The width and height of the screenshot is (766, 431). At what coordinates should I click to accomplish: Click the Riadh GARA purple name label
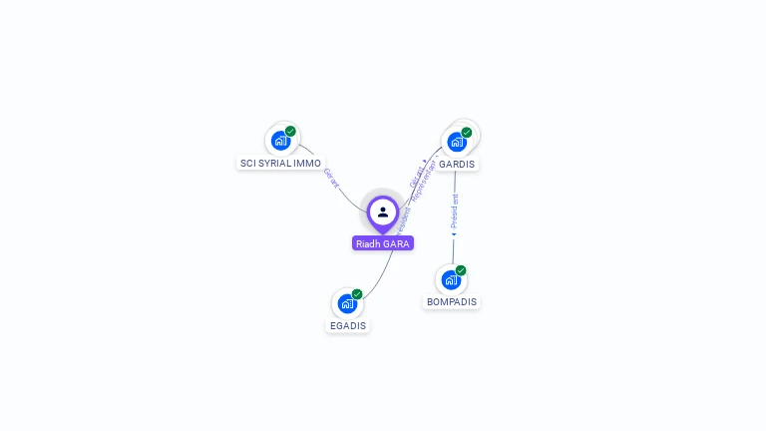382,243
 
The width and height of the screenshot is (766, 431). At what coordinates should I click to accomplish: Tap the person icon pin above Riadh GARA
383,212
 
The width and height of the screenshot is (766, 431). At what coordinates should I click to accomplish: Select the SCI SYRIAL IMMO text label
280,163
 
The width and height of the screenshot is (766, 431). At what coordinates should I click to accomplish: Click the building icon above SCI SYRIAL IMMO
280,141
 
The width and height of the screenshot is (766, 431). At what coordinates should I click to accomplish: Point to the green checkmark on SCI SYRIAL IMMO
290,131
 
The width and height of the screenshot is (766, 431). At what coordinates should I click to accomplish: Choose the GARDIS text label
457,164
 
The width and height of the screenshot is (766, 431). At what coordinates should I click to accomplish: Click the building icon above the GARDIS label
456,142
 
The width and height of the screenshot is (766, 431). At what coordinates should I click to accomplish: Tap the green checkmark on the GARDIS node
466,132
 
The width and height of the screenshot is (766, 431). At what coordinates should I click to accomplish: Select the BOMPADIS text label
452,301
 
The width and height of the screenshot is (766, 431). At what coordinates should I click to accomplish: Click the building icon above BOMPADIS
451,279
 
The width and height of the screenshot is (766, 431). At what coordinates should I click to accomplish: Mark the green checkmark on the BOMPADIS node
461,270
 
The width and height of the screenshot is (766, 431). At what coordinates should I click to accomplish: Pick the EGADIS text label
348,325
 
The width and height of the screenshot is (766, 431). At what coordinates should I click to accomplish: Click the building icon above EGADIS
347,303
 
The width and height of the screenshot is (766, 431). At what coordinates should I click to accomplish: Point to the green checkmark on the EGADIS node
357,293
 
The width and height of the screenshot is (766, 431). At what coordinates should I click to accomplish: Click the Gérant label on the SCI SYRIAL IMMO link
331,178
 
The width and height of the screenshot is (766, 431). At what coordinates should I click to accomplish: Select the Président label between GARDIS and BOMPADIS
455,212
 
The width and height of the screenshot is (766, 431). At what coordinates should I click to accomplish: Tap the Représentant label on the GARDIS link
425,180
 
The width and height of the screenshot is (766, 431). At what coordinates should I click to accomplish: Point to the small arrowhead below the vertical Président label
454,235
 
